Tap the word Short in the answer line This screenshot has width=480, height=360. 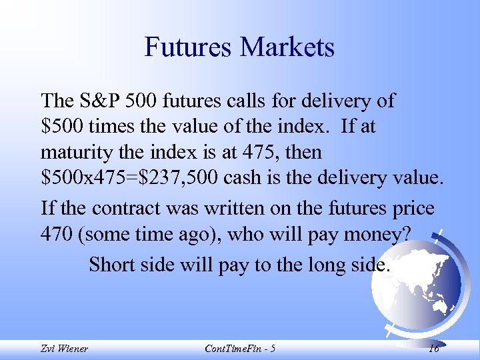(111, 265)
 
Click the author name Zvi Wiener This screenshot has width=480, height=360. (64, 349)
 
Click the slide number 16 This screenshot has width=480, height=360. (433, 349)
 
